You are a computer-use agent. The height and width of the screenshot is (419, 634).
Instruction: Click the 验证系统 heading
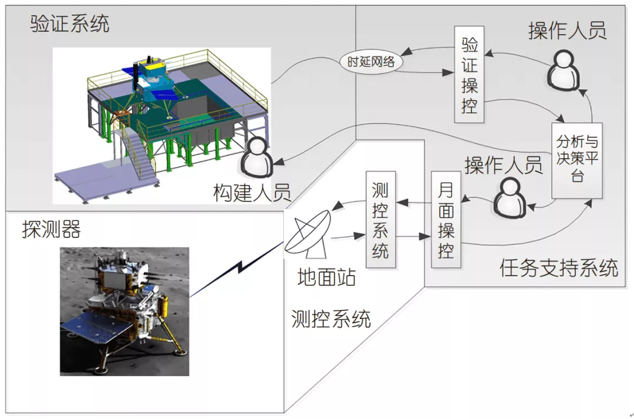[x=70, y=24]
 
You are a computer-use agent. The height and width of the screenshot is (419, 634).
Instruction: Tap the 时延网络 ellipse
[x=370, y=62]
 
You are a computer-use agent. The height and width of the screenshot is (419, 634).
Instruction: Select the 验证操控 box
[x=469, y=75]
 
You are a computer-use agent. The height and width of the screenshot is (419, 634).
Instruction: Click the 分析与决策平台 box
[x=577, y=160]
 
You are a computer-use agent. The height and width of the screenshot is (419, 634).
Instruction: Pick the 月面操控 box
[x=446, y=219]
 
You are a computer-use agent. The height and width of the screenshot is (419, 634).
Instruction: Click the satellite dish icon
[x=308, y=235]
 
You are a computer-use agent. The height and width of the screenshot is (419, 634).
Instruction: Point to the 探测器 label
[x=51, y=229]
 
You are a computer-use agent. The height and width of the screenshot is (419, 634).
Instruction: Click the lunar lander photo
[x=124, y=311]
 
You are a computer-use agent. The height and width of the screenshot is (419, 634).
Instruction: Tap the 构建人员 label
[x=252, y=193]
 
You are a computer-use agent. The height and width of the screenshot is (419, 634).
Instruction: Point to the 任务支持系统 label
[x=559, y=268]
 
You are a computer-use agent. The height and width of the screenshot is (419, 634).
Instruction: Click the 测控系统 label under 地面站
[x=331, y=319]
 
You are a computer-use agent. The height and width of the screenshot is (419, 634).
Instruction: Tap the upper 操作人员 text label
[x=567, y=31]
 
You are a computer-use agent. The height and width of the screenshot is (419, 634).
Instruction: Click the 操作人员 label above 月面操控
[x=503, y=165]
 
